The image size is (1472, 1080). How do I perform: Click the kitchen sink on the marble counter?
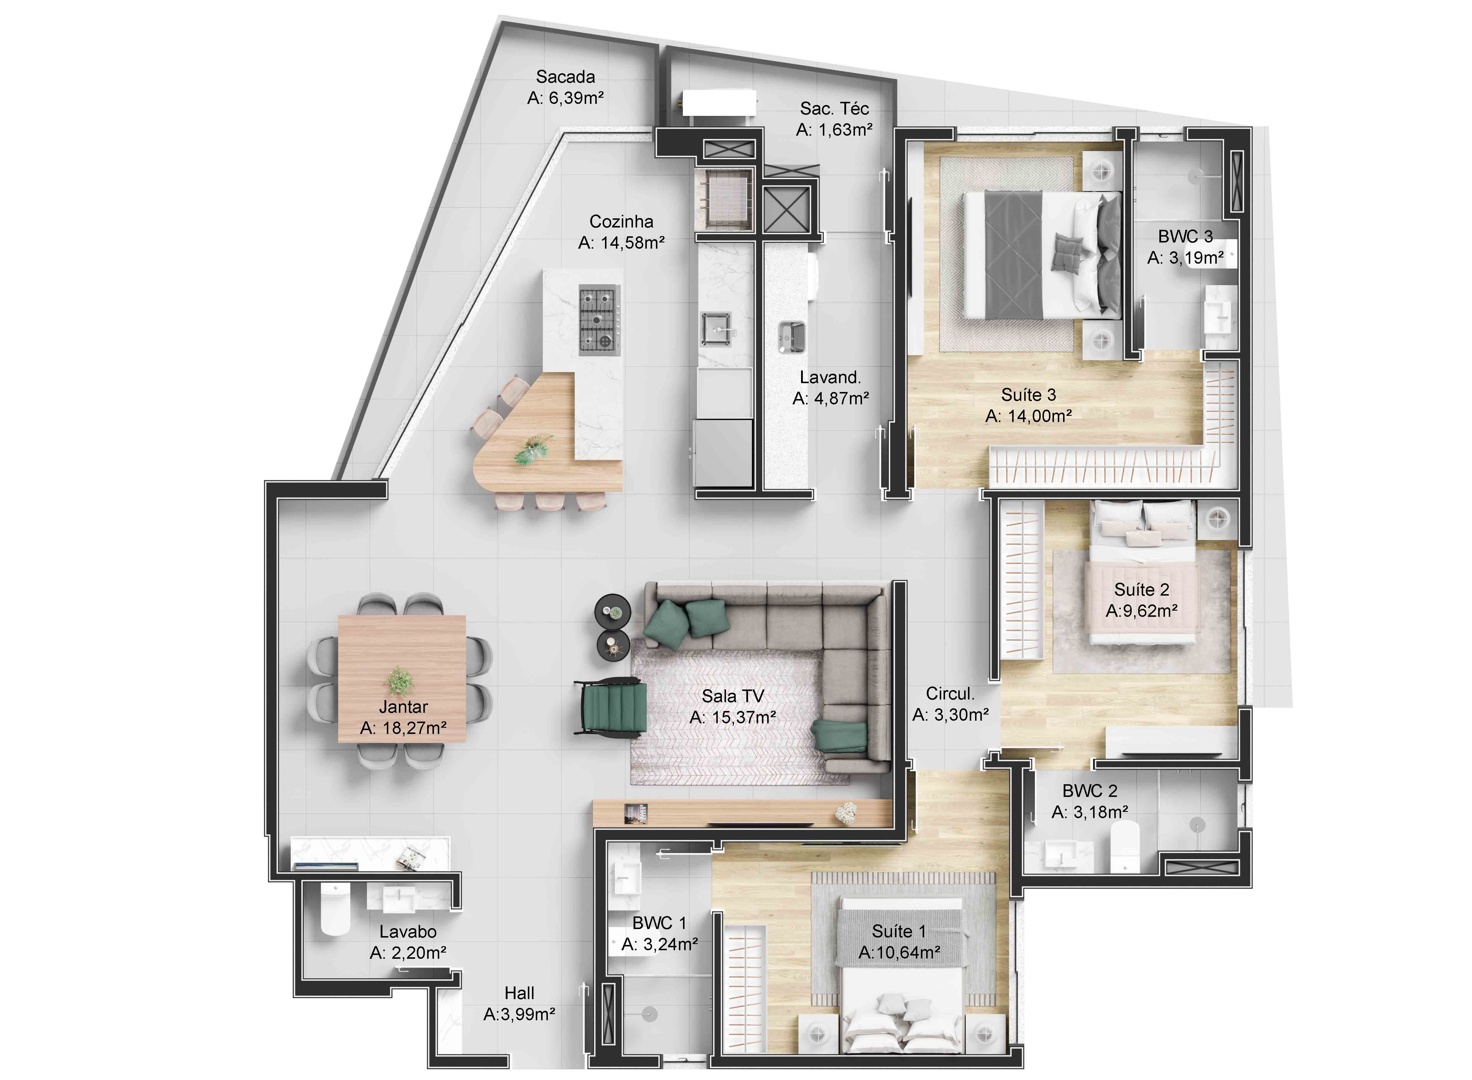coord(716,329)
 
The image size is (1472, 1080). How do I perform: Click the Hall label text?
coord(519,993)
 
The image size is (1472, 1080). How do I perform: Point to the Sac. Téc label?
coord(834,109)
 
